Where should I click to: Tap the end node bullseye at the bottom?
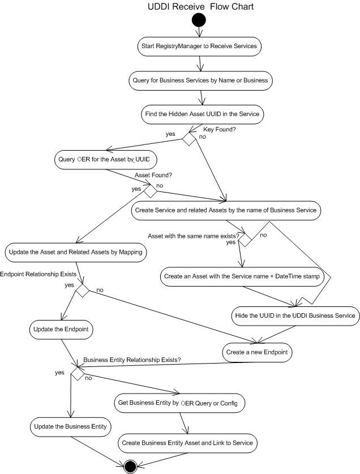[130, 466]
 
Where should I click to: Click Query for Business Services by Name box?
[200, 80]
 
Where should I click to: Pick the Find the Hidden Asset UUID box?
[200, 114]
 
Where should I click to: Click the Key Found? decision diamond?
[188, 139]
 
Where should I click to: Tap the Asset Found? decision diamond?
[150, 191]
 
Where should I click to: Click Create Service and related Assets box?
[226, 210]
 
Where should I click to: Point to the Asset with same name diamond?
[245, 239]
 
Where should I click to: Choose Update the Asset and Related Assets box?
[76, 251]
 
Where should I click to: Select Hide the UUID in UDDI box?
[294, 314]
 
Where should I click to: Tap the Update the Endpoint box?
[58, 328]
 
